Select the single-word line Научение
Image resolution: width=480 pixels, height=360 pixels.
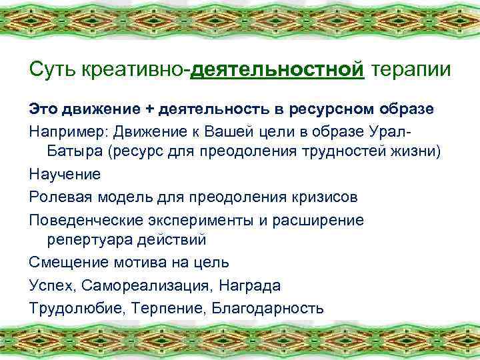click(x=64, y=175)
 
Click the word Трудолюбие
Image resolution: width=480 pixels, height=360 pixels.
click(x=71, y=307)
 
